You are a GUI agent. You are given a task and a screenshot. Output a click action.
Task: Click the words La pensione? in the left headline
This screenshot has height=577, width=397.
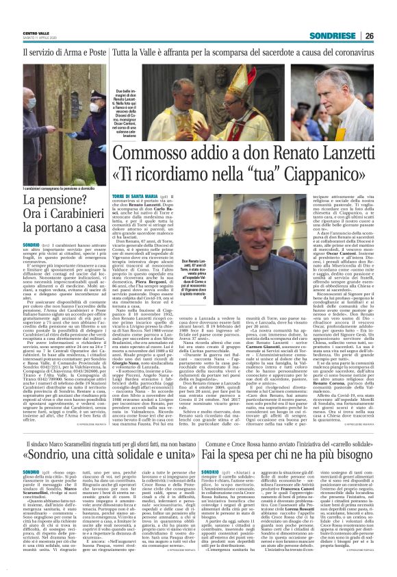point(48,201)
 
